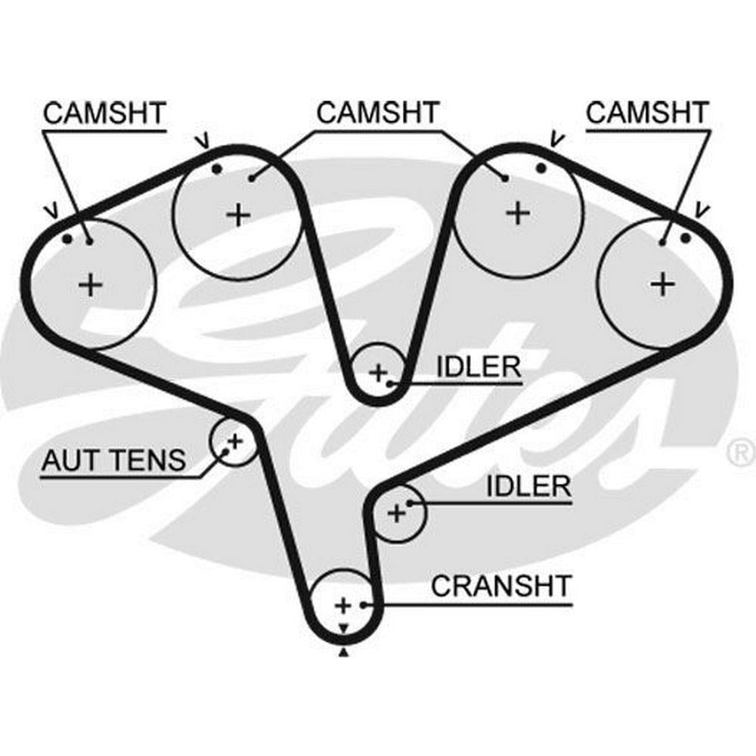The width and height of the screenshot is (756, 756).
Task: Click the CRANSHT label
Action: (501, 586)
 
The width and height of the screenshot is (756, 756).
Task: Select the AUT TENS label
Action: (113, 460)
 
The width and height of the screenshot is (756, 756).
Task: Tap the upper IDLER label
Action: (479, 367)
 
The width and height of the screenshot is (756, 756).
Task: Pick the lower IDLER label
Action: (528, 486)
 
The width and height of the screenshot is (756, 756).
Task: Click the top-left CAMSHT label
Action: (104, 113)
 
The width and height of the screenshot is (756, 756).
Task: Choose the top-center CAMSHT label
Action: (377, 113)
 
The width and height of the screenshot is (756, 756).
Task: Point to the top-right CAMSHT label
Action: (648, 113)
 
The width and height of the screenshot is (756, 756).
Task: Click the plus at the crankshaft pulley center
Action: (343, 605)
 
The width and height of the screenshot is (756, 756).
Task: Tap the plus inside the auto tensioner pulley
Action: (234, 439)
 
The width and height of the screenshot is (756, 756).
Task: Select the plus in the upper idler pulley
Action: (377, 371)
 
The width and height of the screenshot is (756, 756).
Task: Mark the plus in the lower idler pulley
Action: (396, 514)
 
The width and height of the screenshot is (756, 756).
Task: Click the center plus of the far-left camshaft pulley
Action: (91, 285)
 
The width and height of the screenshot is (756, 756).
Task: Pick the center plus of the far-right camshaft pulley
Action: (662, 284)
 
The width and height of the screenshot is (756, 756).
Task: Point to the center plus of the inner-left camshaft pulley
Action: (238, 215)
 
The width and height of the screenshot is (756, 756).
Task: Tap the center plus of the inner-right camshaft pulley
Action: (518, 212)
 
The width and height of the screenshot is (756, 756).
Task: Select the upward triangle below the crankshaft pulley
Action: (344, 652)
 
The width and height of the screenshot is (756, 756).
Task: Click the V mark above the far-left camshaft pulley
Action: (51, 209)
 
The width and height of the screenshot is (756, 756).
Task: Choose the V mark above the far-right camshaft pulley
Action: (702, 209)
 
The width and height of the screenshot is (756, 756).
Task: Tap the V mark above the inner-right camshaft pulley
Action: (557, 138)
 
